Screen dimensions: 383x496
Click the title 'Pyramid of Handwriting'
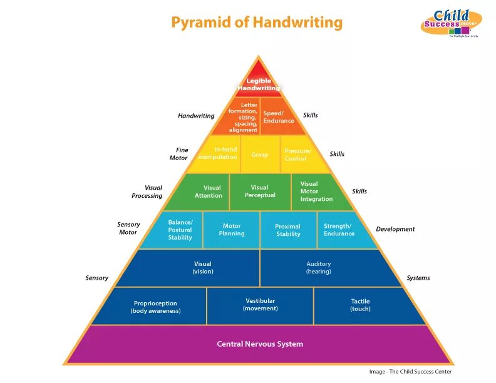point(257,23)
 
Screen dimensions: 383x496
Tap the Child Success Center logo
point(450,24)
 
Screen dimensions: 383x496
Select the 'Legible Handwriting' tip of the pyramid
point(259,84)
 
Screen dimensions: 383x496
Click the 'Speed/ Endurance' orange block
point(278,116)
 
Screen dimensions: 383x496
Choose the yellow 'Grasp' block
point(259,155)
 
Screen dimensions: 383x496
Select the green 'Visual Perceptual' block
point(259,191)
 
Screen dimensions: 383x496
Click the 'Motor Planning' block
point(232,230)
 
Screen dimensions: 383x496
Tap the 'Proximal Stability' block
point(288,230)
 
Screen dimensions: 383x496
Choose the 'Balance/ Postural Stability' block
point(180,230)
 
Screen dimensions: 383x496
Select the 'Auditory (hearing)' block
point(319,268)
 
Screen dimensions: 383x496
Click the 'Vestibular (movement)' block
point(260,305)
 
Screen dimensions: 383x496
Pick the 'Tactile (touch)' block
point(360,305)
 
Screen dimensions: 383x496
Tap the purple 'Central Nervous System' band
point(260,344)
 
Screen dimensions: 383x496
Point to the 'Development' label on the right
point(395,229)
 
